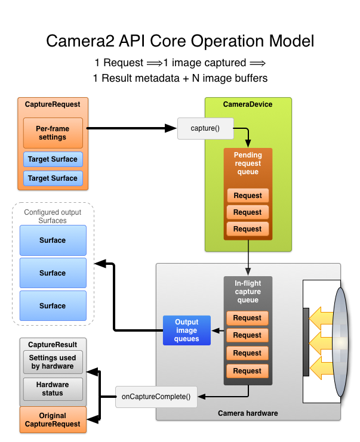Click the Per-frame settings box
pos(53,132)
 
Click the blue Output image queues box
pos(187,330)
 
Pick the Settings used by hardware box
pos(53,362)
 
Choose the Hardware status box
pos(53,389)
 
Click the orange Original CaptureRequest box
pos(53,420)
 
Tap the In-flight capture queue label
pos(248,292)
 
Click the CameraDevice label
pos(248,104)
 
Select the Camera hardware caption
pos(248,413)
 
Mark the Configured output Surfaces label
pos(53,216)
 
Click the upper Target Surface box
pos(53,160)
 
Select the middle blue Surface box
pos(53,273)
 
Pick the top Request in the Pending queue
pos(248,196)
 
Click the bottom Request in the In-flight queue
pos(248,371)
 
